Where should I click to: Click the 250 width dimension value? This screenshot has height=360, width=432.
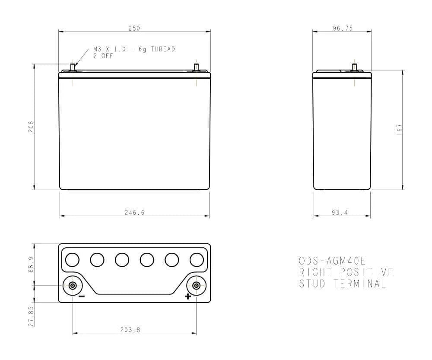click(134, 28)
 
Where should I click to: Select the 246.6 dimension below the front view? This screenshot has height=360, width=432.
click(134, 213)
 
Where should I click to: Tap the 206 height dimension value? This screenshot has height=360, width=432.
click(31, 127)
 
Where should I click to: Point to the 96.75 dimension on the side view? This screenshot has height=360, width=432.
click(343, 28)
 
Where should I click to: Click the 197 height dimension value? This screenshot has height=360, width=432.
click(399, 130)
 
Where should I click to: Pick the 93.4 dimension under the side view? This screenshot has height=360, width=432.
click(340, 213)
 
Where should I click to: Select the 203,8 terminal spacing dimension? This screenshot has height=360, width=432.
click(130, 330)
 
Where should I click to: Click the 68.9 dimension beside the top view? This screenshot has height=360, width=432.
click(31, 264)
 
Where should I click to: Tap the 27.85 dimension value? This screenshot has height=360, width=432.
click(31, 316)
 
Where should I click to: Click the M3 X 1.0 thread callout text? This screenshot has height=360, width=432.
click(134, 49)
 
